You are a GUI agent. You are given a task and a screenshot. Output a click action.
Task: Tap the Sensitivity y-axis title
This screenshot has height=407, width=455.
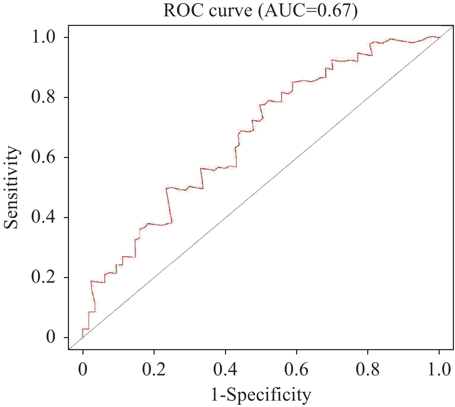tap(11, 187)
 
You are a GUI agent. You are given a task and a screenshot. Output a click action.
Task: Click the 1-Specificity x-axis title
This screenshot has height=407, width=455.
tap(261, 395)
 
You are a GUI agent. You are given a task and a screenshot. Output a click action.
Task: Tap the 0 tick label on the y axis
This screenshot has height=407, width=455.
tap(51, 337)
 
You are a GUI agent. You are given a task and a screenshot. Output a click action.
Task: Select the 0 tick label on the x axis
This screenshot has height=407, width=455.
tap(83, 370)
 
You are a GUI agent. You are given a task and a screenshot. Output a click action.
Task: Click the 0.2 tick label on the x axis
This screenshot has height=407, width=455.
tap(154, 370)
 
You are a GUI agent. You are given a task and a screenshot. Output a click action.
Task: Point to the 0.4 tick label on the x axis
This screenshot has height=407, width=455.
tap(225, 370)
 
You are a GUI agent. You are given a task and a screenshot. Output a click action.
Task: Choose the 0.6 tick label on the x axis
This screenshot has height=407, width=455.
tap(296, 370)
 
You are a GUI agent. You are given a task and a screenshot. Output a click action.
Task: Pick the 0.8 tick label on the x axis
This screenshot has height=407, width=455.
tap(368, 370)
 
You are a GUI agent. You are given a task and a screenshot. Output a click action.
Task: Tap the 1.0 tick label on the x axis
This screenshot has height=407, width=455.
tap(439, 370)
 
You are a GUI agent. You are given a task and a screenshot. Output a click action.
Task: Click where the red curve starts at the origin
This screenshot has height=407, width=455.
tap(83, 337)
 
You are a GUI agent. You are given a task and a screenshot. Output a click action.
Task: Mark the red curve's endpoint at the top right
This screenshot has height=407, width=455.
tap(439, 37)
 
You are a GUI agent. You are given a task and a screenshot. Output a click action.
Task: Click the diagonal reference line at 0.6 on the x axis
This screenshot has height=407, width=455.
tap(296, 157)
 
